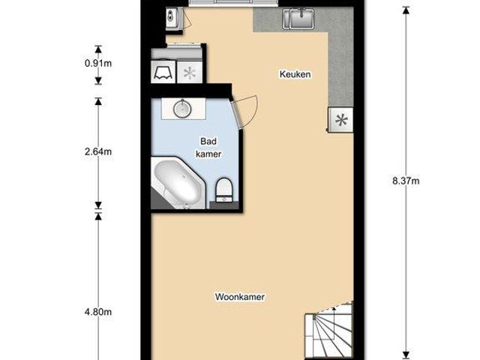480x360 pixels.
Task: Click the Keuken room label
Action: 295,74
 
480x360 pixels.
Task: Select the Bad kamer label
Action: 208,147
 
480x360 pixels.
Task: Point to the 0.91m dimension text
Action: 98,63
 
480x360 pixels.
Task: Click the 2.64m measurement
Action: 98,151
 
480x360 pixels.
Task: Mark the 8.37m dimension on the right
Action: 406,181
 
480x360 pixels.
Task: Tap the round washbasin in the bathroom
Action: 184,109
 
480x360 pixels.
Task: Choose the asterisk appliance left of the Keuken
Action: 190,73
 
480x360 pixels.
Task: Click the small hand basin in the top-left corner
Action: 171,16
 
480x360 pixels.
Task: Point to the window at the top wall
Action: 221,3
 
